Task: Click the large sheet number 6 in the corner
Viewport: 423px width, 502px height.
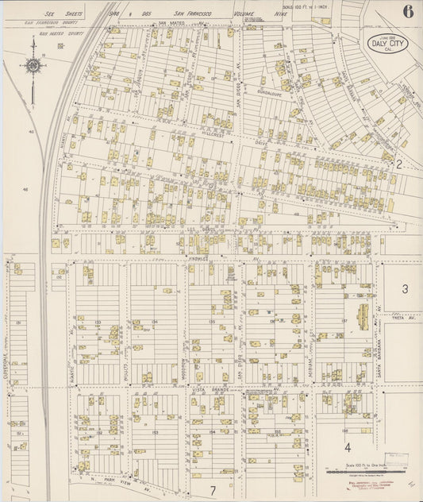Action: point(407,11)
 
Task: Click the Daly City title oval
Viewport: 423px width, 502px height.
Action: point(388,44)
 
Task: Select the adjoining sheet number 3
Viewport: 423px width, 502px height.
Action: point(405,289)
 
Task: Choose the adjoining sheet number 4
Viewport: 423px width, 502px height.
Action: point(347,448)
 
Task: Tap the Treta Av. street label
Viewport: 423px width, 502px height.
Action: point(402,318)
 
